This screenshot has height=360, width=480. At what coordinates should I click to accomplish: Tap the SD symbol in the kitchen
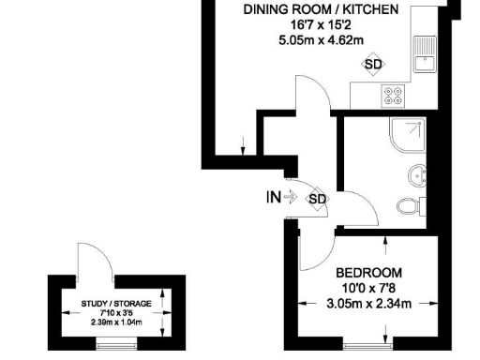[x=374, y=64]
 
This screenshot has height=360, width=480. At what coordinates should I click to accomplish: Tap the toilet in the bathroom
[x=412, y=206]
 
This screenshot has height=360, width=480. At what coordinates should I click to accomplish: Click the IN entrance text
[x=272, y=197]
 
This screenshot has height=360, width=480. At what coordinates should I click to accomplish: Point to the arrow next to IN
[x=291, y=197]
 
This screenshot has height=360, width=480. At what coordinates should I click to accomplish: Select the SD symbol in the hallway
[x=318, y=198]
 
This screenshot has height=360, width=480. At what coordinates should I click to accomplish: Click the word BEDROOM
[x=368, y=273]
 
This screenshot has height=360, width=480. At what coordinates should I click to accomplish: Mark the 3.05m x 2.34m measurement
[x=368, y=304]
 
